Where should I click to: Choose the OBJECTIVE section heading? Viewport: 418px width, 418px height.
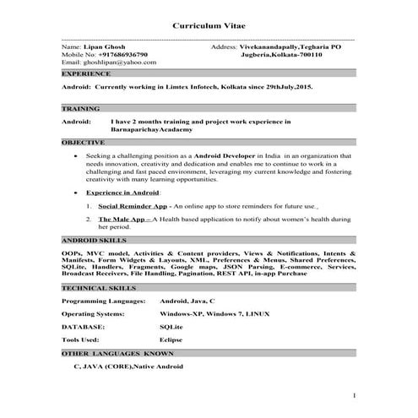[84, 142]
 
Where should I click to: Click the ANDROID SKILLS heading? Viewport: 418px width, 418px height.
[95, 241]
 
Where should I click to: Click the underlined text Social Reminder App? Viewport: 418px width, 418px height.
[132, 205]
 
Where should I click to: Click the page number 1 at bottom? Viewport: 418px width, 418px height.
[355, 394]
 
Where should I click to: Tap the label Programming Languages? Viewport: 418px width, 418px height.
[103, 301]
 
